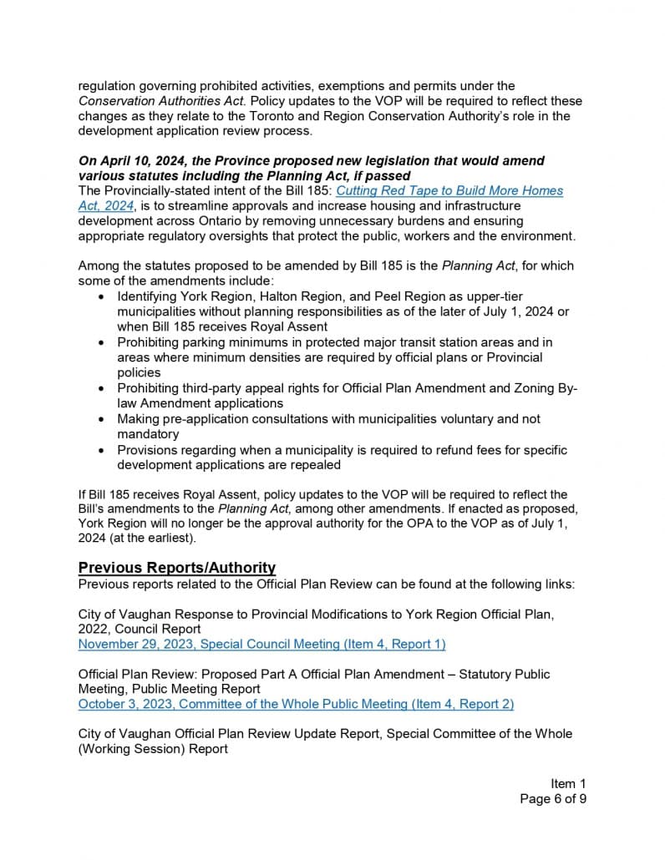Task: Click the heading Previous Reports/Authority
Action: (177, 568)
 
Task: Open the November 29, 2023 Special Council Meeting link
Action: (261, 644)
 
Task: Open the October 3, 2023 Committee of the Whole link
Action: (296, 704)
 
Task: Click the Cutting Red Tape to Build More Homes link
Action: (449, 190)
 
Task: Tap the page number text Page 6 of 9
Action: (553, 799)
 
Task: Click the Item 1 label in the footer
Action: (568, 783)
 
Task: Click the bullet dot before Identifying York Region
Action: (101, 297)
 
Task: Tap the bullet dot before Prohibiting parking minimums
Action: (101, 342)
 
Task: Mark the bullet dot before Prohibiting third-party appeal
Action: (101, 388)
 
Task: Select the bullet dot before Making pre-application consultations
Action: (101, 419)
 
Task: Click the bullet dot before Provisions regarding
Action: (101, 450)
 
